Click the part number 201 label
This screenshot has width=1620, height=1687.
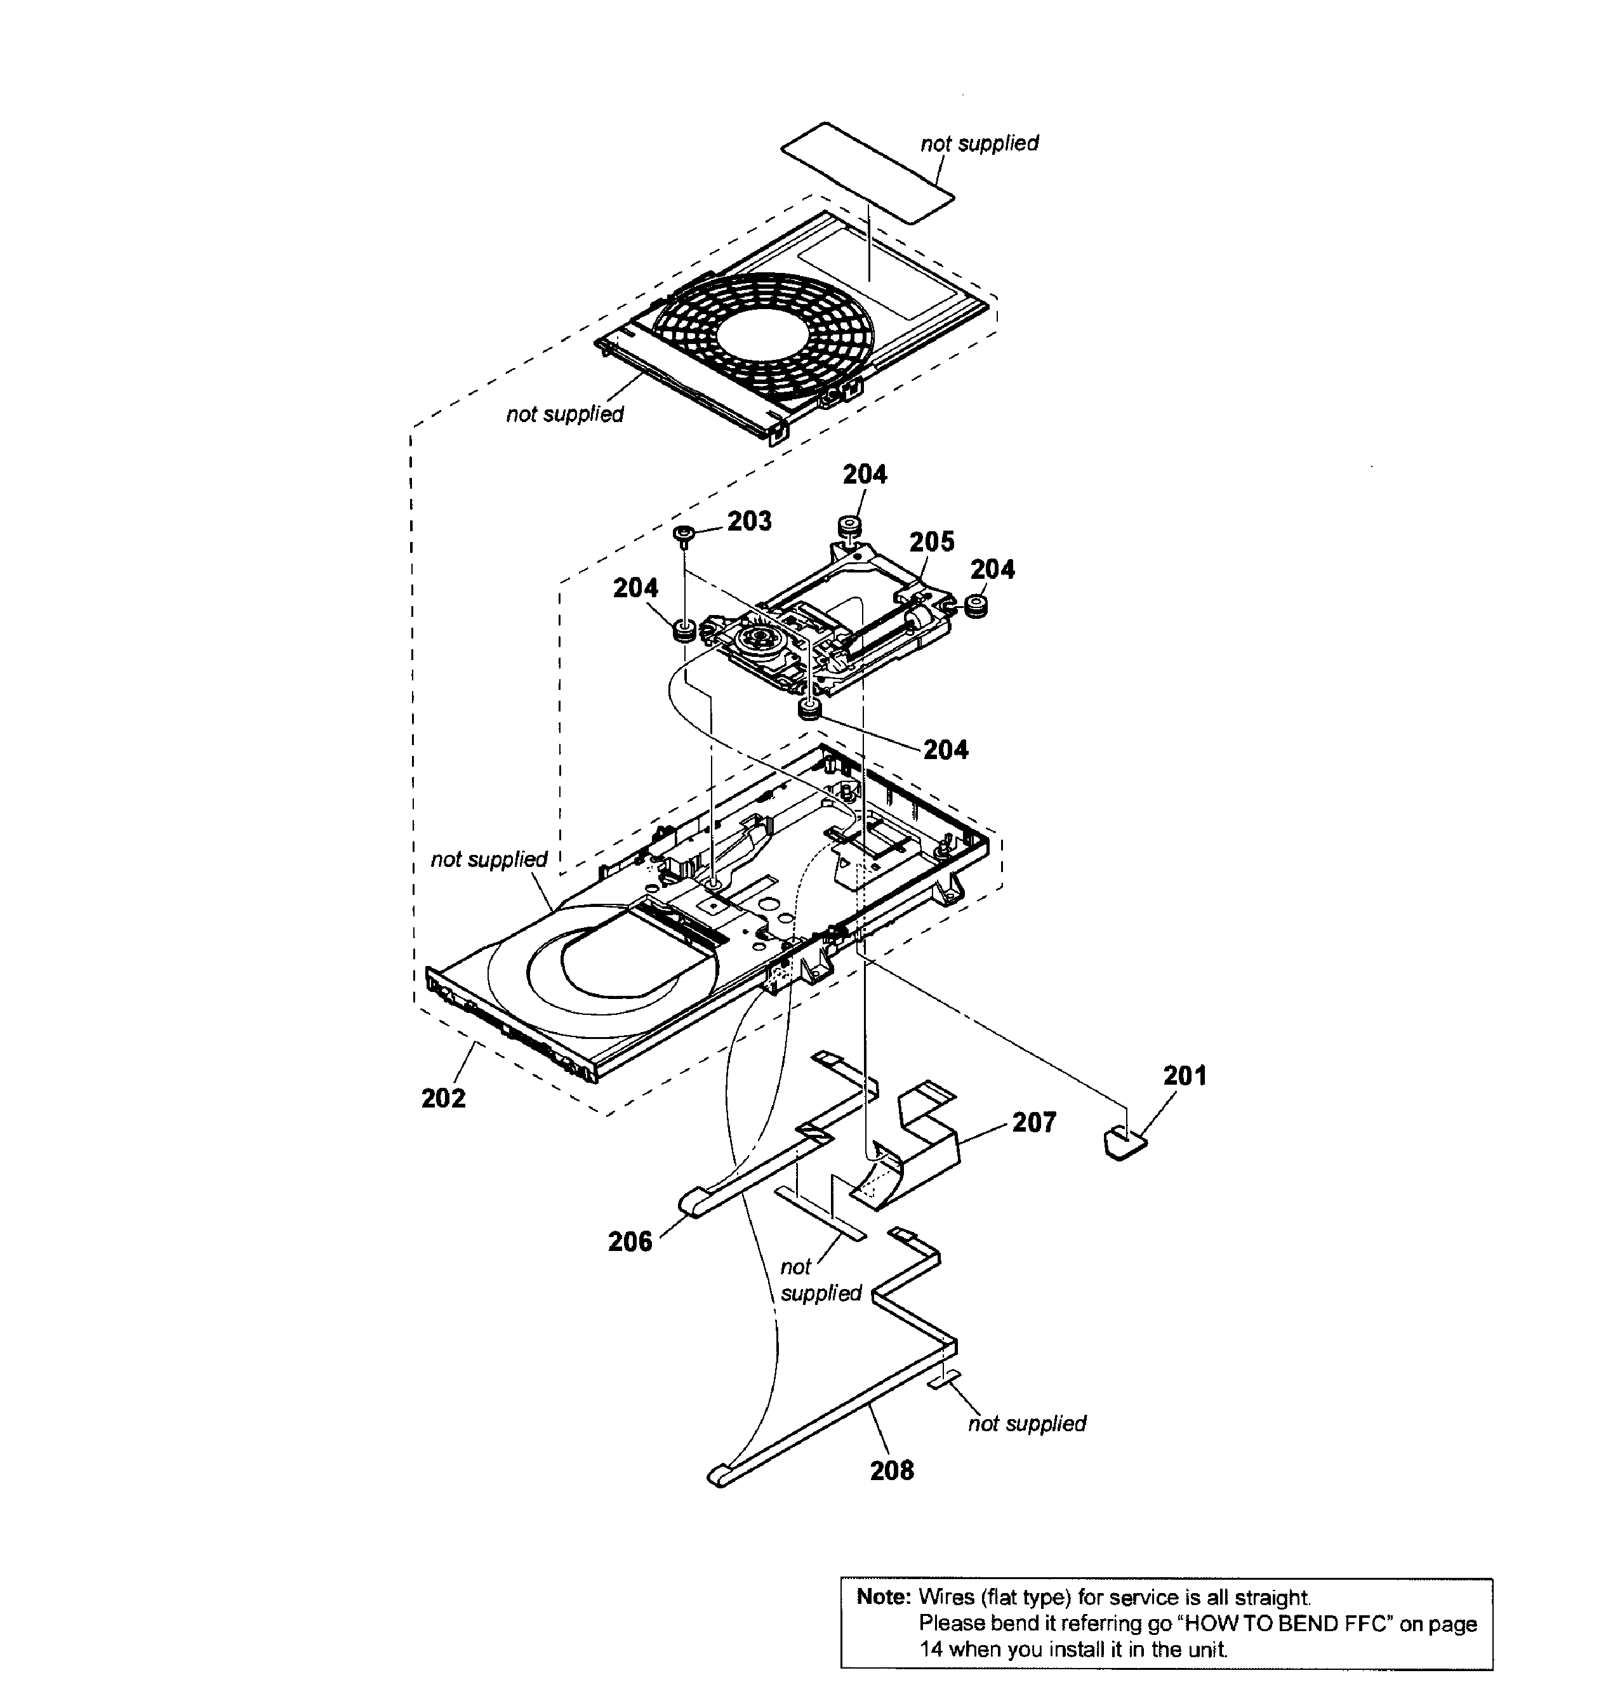[x=1185, y=1076]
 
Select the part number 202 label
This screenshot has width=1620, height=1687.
[x=442, y=1098]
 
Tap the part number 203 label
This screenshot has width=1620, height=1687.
[x=749, y=520]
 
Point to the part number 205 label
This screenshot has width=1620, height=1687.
[x=931, y=541]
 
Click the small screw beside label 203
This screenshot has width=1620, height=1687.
[x=684, y=536]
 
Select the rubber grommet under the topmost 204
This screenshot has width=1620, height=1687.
[x=849, y=526]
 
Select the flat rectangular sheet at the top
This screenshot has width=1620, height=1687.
[x=868, y=171]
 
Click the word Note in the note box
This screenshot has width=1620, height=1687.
[x=883, y=1598]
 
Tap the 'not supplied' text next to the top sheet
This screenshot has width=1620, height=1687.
[x=979, y=143]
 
